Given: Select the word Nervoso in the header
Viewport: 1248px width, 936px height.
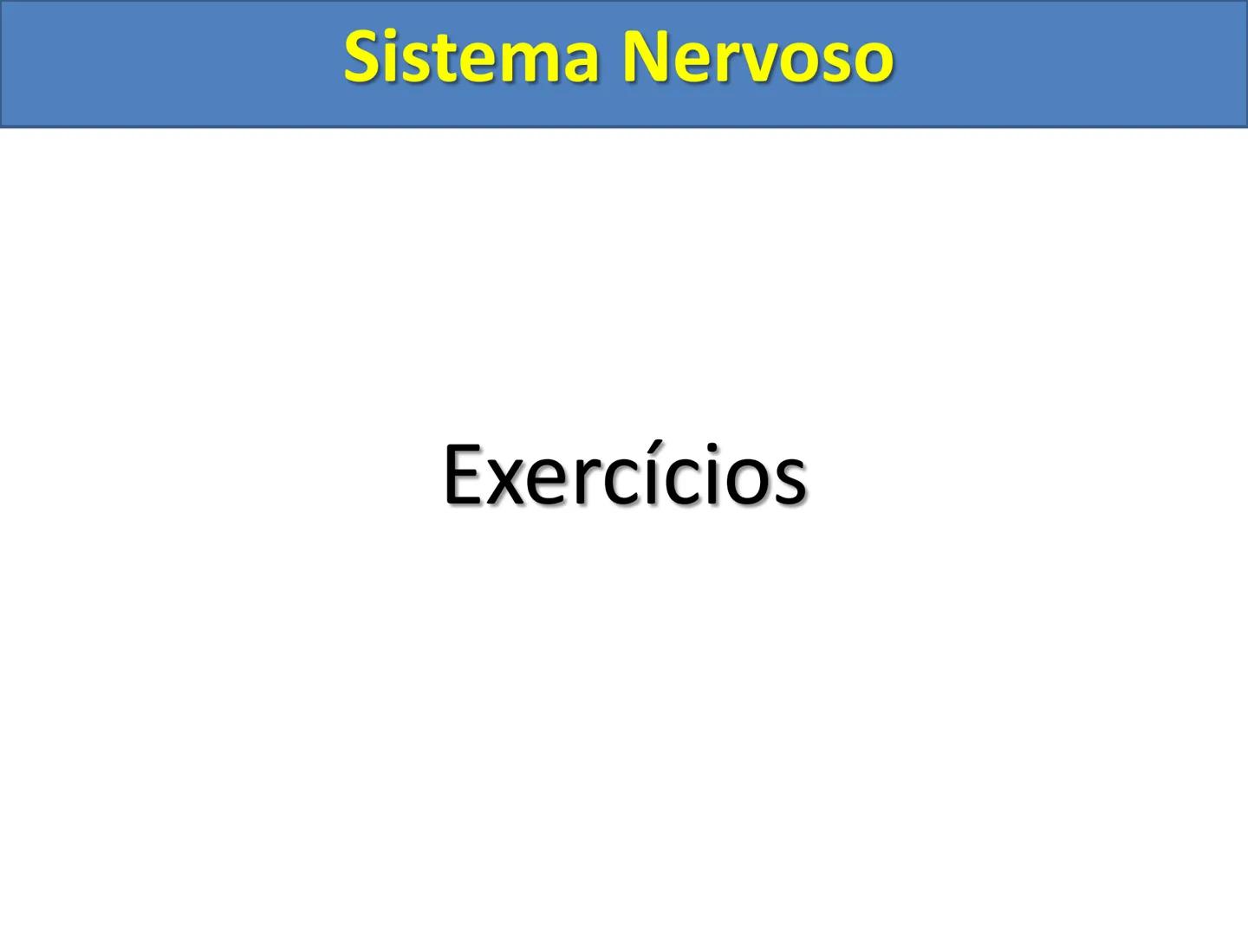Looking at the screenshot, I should pyautogui.click(x=757, y=57).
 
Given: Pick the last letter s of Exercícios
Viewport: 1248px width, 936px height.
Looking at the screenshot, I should pyautogui.click(x=790, y=484).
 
